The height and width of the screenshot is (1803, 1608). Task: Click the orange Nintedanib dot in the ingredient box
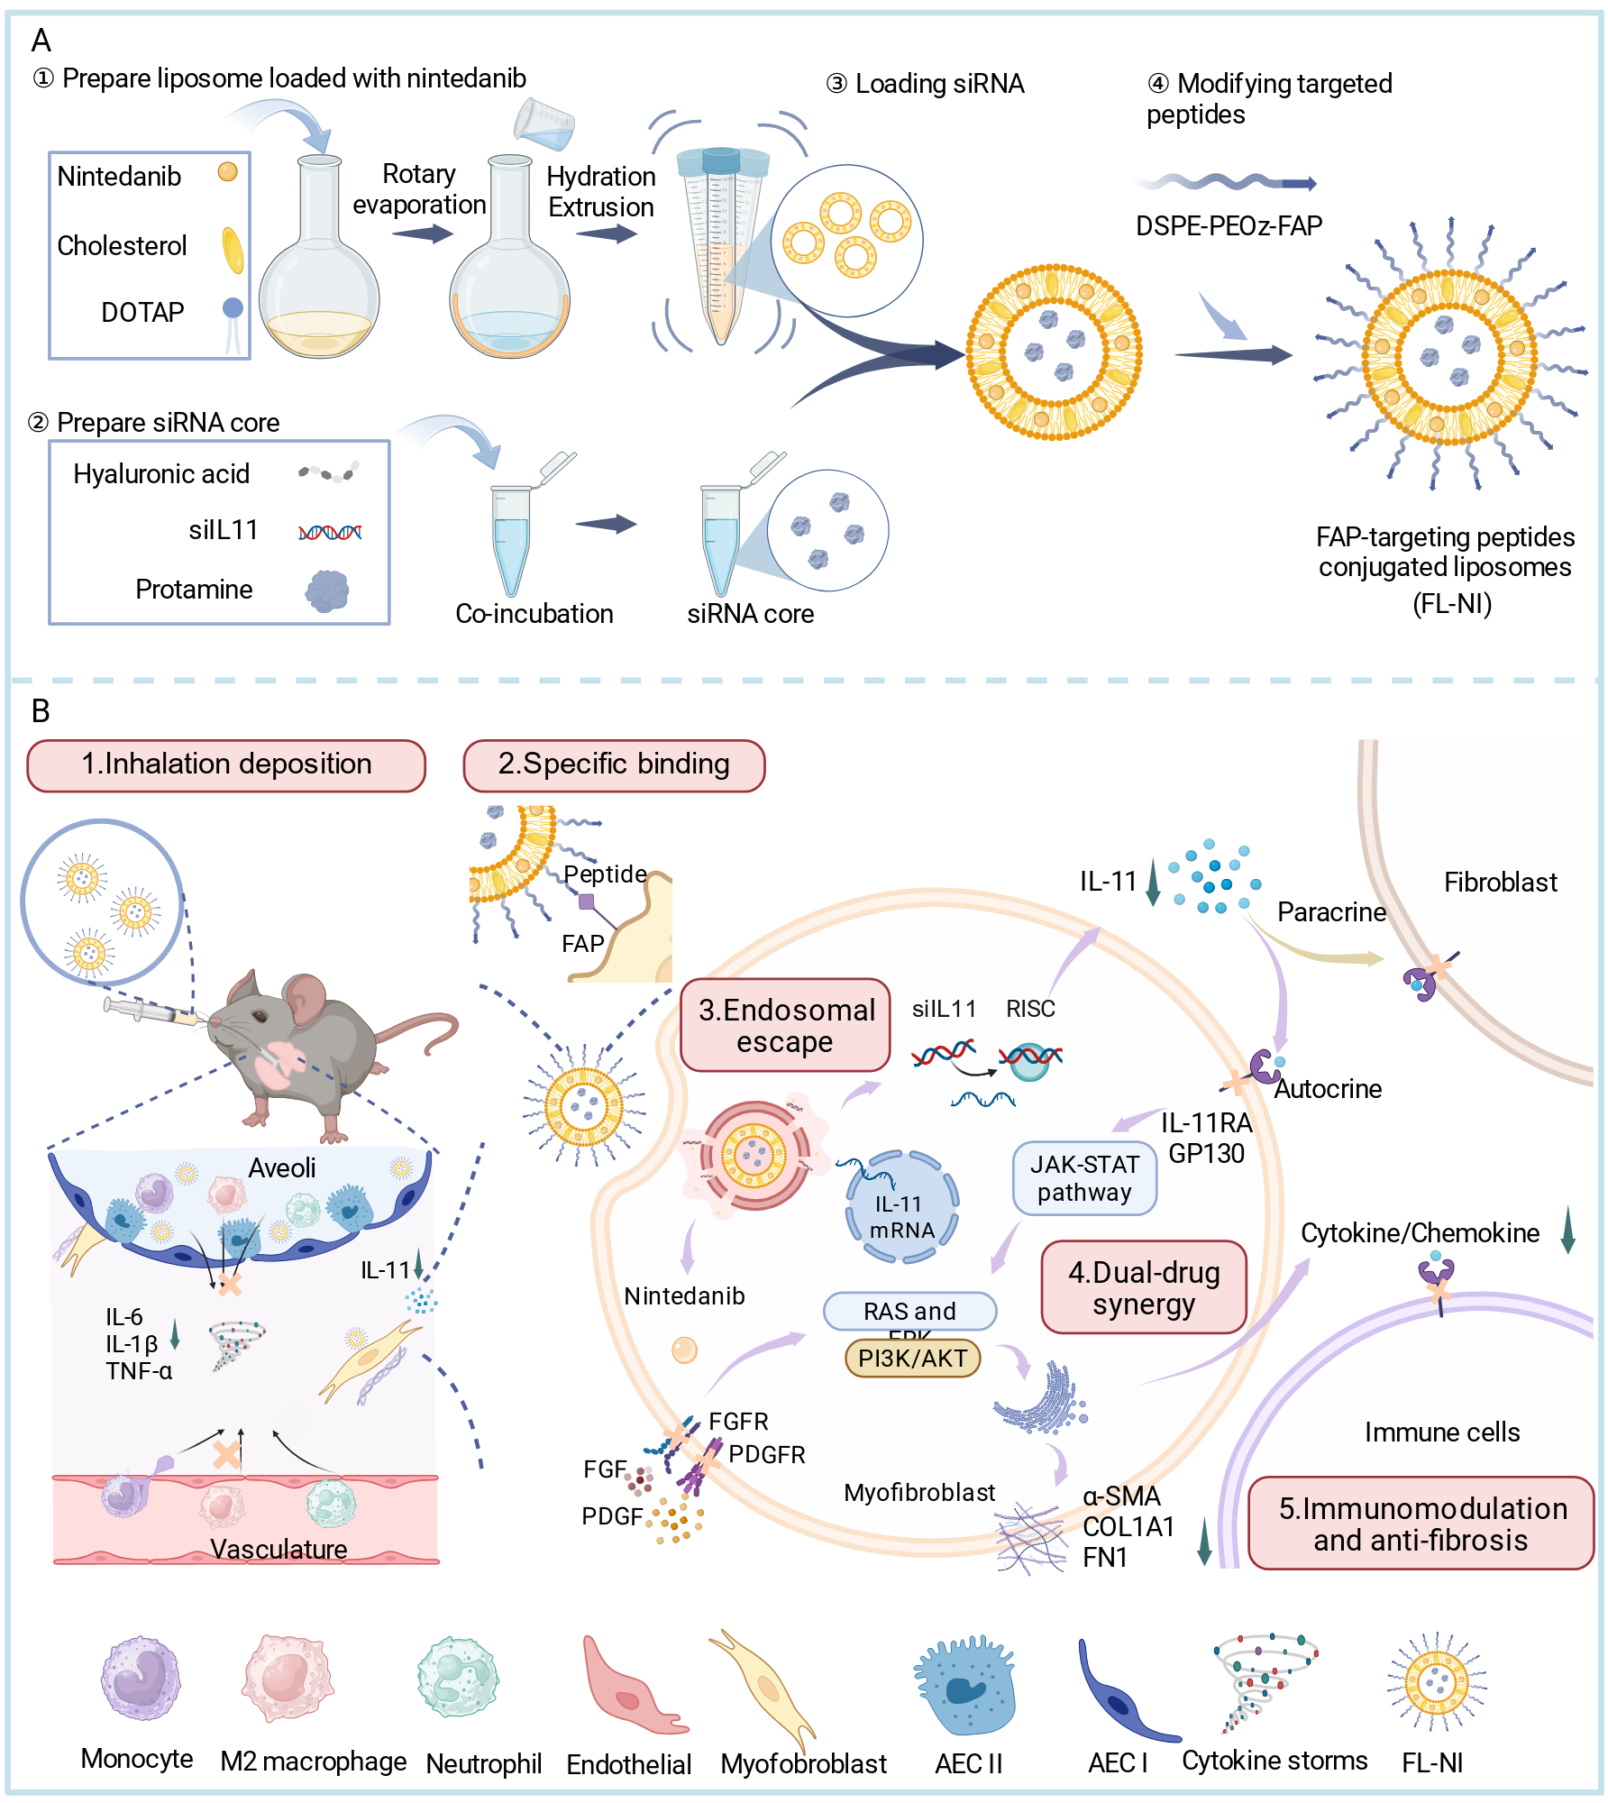coord(228,171)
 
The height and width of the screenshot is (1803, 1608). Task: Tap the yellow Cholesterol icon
coord(233,250)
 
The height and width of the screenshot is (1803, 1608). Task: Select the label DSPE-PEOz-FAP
coord(1229,225)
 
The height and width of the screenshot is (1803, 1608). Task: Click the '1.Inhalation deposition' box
coord(226,765)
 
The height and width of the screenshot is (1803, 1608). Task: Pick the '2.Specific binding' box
coord(614,765)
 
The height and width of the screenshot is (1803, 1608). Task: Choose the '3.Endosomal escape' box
coord(785,1025)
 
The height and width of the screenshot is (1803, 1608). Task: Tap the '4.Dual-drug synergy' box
coord(1144,1287)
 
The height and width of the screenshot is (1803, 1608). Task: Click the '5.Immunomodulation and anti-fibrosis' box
coord(1421,1524)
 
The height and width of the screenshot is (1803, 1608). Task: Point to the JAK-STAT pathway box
coord(1084,1178)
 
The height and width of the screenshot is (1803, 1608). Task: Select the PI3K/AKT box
coord(912,1359)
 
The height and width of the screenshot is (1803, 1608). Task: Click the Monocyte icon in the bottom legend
coord(140,1679)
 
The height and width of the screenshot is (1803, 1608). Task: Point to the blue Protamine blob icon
coord(327,590)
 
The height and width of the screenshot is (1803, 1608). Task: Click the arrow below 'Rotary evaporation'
coord(423,234)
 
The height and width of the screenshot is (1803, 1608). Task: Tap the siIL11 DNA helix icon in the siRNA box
coord(330,532)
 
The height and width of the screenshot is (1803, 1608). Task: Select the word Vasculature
coord(279,1550)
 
